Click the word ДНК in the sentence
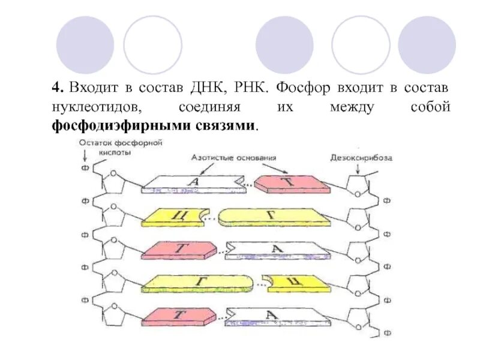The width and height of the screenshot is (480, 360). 208,88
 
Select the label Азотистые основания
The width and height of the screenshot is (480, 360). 234,158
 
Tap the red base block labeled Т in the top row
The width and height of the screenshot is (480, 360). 292,184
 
